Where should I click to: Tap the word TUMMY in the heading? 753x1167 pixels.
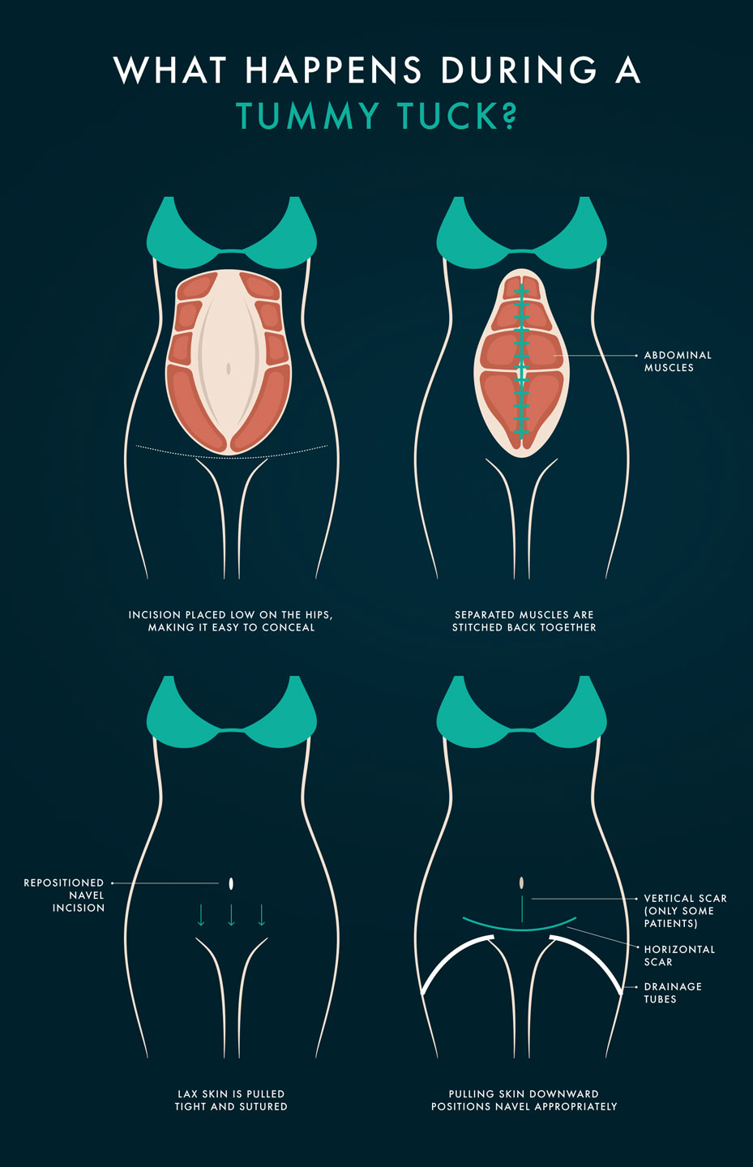point(307,115)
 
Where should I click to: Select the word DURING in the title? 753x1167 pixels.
point(519,70)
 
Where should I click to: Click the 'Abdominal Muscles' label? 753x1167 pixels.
point(678,361)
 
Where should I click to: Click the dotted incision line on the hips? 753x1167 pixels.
point(231,454)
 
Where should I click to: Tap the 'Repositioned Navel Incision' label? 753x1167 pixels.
point(64,895)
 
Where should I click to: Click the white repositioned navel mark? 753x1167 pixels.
point(231,883)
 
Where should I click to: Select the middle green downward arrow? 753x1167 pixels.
point(231,915)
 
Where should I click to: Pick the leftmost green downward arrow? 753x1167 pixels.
point(201,915)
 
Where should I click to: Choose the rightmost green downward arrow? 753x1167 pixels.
point(262,915)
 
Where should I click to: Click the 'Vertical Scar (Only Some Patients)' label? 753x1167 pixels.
point(685,911)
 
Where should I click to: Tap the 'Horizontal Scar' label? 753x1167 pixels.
point(679,955)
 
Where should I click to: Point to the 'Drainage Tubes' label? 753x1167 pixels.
point(673,993)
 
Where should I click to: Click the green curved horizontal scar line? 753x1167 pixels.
point(520,930)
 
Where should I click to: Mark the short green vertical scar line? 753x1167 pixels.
point(522,909)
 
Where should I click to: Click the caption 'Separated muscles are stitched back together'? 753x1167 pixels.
point(524,621)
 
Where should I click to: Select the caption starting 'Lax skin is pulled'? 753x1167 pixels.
point(231,1100)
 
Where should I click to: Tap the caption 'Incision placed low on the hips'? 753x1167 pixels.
point(231,621)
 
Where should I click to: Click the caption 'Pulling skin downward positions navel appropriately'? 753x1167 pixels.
point(524,1100)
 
